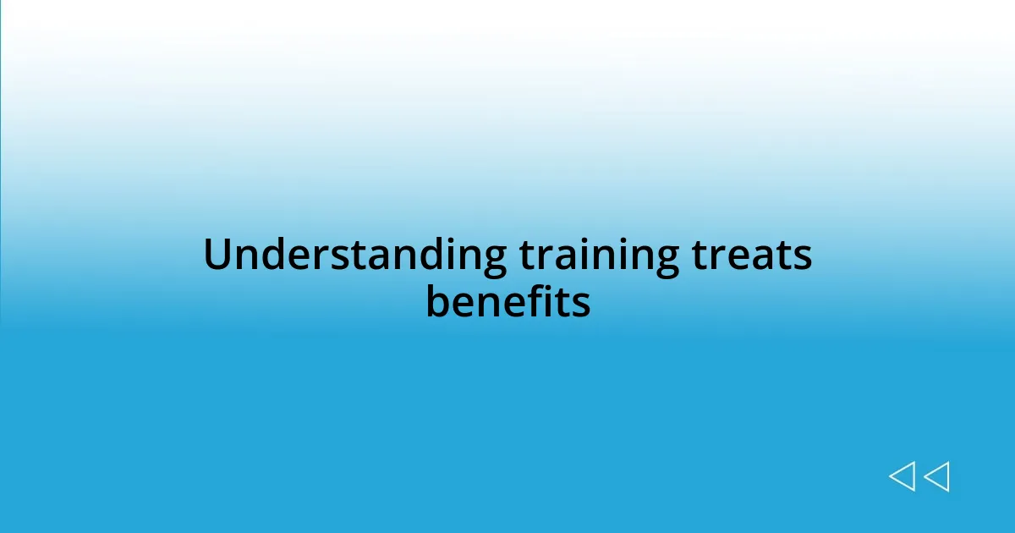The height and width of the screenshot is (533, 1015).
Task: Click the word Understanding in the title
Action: click(x=354, y=256)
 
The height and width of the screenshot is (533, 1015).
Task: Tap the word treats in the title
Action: click(x=752, y=256)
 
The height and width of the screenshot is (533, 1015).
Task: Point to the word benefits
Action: click(x=507, y=302)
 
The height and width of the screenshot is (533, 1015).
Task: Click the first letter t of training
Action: click(x=526, y=256)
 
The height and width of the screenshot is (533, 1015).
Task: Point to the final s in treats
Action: click(x=803, y=258)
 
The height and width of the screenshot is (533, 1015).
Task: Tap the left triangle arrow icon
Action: click(x=902, y=476)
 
